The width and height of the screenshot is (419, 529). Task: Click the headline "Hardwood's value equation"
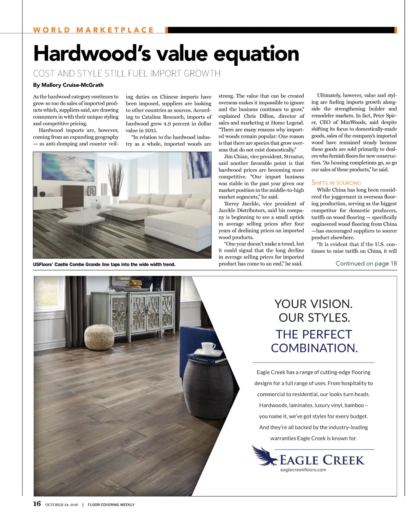[166, 54]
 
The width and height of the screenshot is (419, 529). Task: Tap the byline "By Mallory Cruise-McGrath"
[68, 85]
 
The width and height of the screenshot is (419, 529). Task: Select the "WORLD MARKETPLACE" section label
[93, 30]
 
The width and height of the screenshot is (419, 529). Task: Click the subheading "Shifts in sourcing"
[336, 183]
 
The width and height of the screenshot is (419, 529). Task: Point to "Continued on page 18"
[366, 263]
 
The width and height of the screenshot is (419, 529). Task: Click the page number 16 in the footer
[37, 504]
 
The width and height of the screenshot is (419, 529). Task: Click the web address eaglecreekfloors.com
[303, 470]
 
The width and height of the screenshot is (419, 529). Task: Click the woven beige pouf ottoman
[99, 337]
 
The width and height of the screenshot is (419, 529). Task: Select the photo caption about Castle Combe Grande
[104, 264]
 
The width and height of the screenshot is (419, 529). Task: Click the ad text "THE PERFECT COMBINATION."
[314, 341]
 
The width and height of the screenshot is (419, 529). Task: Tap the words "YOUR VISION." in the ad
[313, 304]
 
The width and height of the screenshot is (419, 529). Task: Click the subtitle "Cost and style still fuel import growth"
[126, 74]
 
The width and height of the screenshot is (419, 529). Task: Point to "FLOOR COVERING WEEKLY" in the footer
[111, 505]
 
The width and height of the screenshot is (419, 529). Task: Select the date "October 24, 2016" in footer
[61, 505]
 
